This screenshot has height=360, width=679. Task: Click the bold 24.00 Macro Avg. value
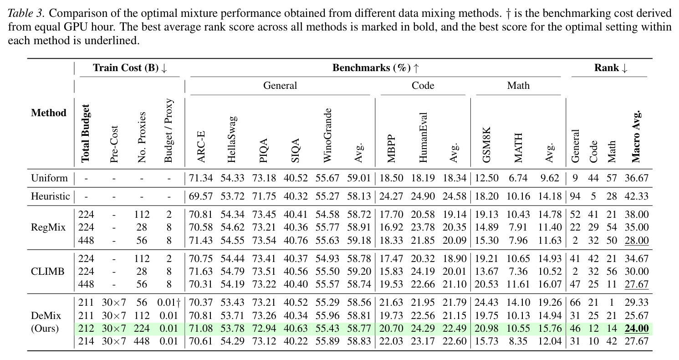(637, 329)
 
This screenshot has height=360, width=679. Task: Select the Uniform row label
(49, 178)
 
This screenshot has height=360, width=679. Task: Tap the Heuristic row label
(50, 196)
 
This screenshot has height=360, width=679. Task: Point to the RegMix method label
(48, 227)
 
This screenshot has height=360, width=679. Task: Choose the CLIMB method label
(48, 271)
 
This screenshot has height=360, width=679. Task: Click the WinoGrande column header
(327, 135)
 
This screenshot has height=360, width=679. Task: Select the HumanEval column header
(423, 138)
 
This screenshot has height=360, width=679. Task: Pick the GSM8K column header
(486, 145)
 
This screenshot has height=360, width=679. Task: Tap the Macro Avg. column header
(636, 136)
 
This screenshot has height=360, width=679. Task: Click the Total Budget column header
(85, 134)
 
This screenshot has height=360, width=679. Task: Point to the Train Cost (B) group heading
(130, 67)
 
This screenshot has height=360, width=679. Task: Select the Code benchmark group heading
(423, 86)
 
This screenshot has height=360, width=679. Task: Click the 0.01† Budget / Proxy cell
(169, 303)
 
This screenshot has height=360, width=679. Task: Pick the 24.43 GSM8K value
(486, 303)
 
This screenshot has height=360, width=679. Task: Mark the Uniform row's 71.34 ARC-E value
(201, 178)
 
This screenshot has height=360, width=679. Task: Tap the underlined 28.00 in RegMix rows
(637, 241)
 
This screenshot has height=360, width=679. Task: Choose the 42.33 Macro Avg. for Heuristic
(637, 196)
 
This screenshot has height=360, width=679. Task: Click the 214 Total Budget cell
(86, 341)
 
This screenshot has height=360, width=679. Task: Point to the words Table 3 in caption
(26, 13)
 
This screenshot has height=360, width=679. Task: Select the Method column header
(48, 113)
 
